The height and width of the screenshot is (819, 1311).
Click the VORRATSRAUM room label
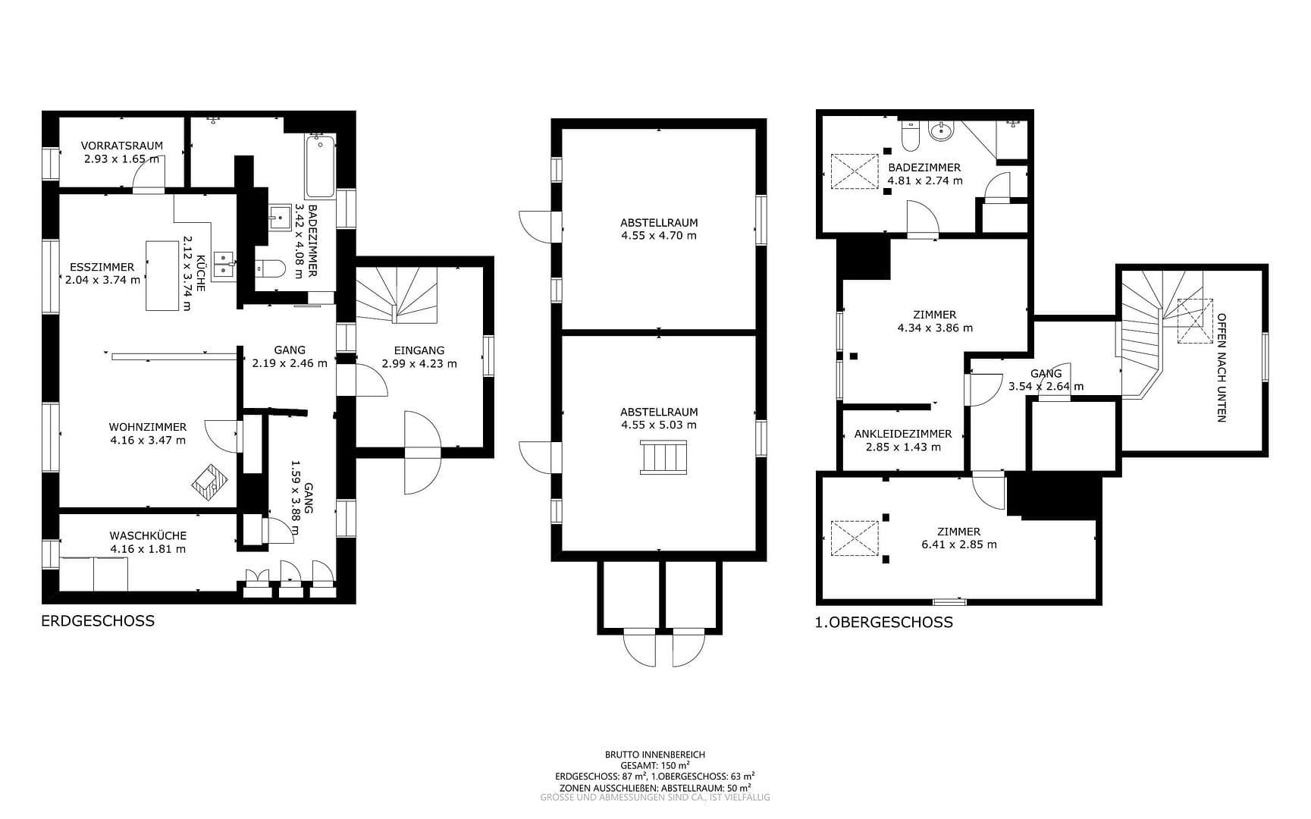click(121, 146)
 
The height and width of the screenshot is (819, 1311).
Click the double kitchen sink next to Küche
click(224, 264)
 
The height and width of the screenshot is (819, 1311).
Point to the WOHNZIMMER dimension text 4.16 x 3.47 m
click(147, 440)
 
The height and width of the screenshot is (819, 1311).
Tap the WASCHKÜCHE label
click(147, 536)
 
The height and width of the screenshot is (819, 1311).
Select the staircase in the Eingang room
click(397, 296)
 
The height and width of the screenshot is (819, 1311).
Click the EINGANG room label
click(419, 350)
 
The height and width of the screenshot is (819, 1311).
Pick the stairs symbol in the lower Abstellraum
click(664, 457)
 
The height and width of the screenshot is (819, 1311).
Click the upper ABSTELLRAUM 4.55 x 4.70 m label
click(658, 229)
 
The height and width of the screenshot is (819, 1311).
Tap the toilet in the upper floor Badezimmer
click(909, 136)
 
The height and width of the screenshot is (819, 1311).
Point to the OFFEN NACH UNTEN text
click(1221, 368)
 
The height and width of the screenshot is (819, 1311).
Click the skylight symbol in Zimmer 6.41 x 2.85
click(854, 538)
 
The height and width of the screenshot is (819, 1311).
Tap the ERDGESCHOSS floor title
click(98, 621)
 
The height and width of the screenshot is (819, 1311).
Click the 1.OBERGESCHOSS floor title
click(883, 623)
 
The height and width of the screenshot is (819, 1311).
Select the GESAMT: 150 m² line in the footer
click(654, 766)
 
